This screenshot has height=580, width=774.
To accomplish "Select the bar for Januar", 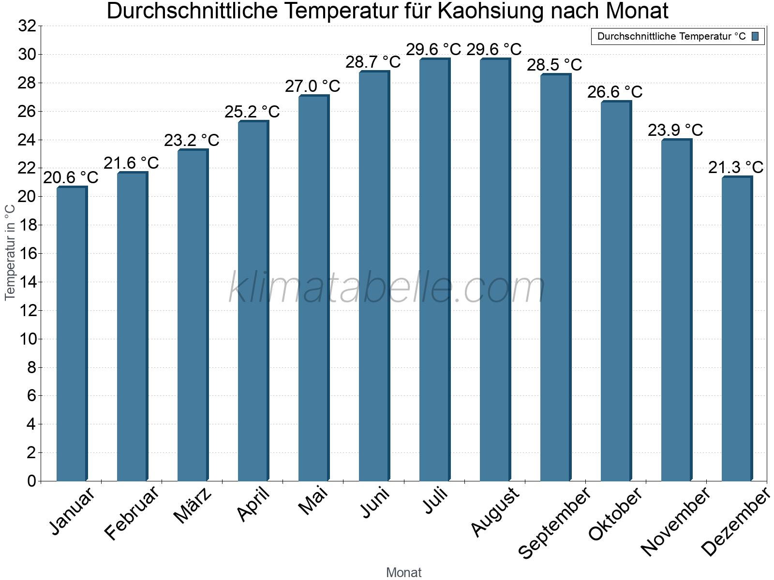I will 72,333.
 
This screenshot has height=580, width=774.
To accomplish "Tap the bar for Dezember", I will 737,329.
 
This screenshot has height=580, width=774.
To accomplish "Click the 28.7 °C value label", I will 373,62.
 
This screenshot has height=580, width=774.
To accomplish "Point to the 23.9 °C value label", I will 675,130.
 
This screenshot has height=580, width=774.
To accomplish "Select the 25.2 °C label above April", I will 252,112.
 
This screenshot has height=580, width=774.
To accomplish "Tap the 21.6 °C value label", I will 131,163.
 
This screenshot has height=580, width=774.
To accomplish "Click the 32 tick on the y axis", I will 27,26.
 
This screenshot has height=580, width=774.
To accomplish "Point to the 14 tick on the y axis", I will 27,282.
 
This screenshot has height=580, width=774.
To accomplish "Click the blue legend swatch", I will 755,36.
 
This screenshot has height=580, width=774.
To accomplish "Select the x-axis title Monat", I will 403,572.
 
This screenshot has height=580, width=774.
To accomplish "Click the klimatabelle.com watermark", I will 387,288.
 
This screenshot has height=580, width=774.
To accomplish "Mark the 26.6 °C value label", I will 615,92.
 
